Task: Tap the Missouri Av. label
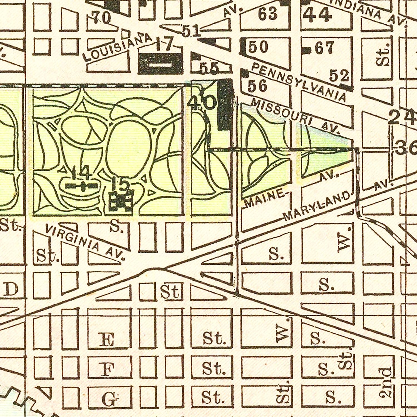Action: [295, 116]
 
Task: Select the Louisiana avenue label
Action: [118, 47]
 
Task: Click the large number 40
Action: [202, 103]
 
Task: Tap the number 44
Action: [317, 15]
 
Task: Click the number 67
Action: [324, 49]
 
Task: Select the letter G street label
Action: [109, 399]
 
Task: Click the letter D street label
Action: [12, 290]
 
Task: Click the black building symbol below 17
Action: [160, 64]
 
